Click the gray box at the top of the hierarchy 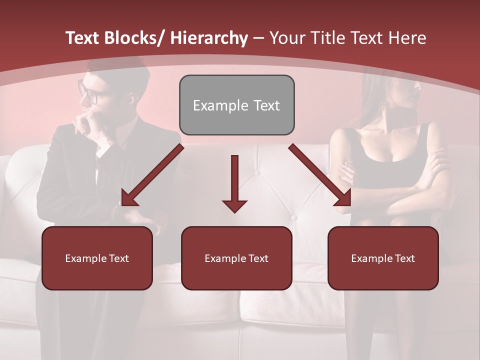pyautogui.click(x=236, y=105)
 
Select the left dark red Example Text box pyautogui.click(x=97, y=258)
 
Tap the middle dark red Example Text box pyautogui.click(x=236, y=258)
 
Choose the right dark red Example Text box pyautogui.click(x=383, y=258)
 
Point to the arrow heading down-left pyautogui.click(x=152, y=175)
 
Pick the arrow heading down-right pyautogui.click(x=320, y=175)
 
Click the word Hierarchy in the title pyautogui.click(x=208, y=38)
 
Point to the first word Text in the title pyautogui.click(x=83, y=38)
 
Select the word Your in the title pyautogui.click(x=285, y=38)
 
